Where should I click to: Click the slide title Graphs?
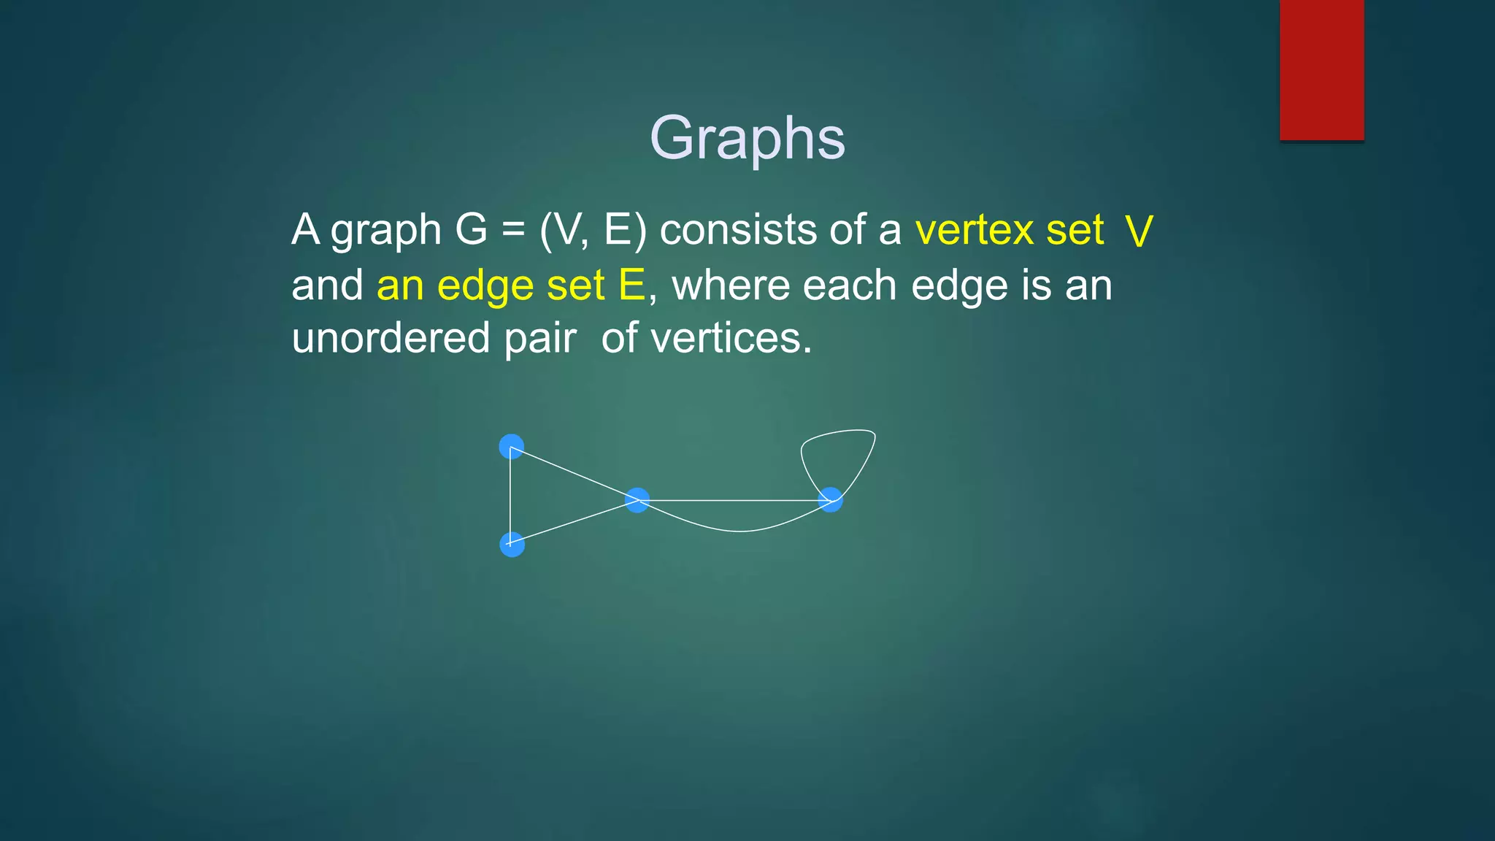coord(747,138)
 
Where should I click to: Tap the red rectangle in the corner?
coord(1321,69)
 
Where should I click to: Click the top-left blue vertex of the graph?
coord(512,447)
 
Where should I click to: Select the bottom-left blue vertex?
coord(512,545)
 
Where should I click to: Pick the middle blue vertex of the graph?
coord(637,500)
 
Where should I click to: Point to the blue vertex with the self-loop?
coord(831,500)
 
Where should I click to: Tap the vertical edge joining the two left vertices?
coord(510,496)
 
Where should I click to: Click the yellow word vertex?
coord(974,231)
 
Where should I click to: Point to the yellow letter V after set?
coord(1138,232)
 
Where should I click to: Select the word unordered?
coord(391,339)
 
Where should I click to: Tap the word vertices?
coord(731,339)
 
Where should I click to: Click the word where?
coord(731,285)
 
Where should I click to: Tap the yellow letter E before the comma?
coord(631,285)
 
